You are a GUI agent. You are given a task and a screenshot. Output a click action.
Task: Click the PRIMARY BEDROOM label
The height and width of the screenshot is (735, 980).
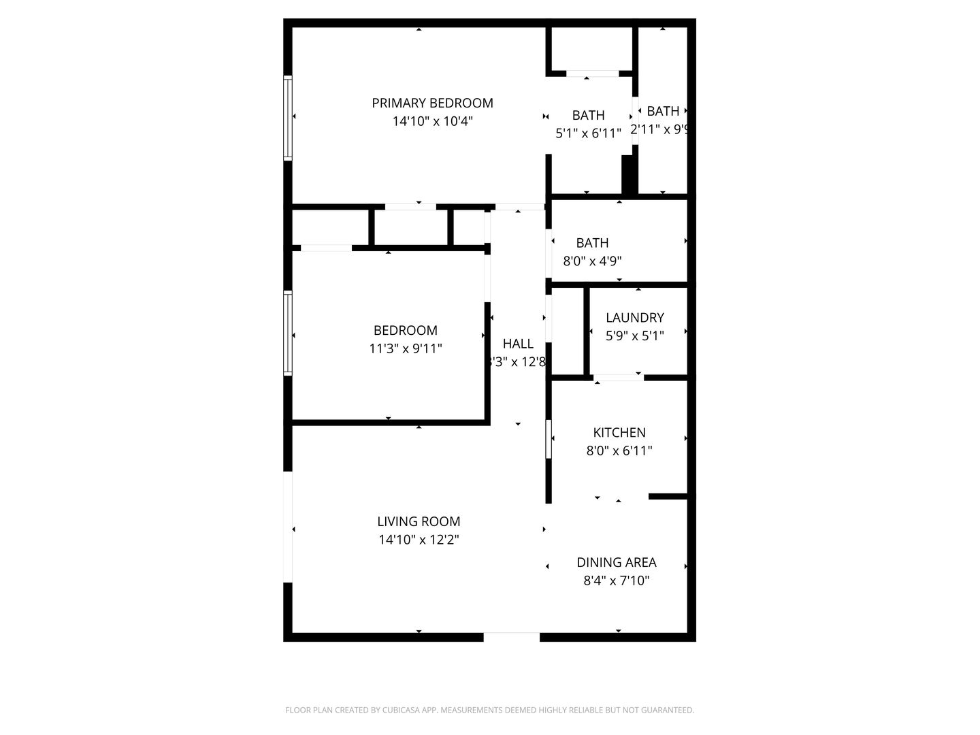(x=432, y=103)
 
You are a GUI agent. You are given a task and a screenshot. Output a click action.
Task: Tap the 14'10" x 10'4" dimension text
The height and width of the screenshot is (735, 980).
(x=432, y=122)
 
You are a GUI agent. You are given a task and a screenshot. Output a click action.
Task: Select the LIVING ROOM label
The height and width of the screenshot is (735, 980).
(x=419, y=522)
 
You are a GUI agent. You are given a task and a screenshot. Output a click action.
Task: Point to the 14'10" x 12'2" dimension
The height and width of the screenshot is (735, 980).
(x=419, y=540)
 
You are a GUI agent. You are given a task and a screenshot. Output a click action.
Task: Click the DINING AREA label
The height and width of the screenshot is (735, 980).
(x=617, y=563)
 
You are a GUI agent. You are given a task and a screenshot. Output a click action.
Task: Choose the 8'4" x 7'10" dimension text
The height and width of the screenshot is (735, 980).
(x=617, y=581)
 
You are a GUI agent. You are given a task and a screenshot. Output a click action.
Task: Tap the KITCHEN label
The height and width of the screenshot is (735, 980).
(x=619, y=433)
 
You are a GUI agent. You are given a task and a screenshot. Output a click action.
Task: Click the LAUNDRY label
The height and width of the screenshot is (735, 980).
(x=635, y=318)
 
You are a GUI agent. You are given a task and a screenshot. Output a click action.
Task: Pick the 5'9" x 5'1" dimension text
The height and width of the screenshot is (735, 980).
(x=635, y=336)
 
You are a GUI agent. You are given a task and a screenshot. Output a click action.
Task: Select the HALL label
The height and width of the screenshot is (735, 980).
(x=518, y=344)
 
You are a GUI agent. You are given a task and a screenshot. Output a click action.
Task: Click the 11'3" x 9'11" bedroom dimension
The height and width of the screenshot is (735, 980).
(x=406, y=349)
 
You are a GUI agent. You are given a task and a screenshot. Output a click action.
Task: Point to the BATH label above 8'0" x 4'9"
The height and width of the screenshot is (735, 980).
(x=592, y=243)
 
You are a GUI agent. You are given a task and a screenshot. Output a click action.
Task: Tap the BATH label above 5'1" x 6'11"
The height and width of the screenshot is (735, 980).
(x=588, y=116)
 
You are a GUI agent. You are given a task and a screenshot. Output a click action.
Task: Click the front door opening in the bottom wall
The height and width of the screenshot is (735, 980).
(x=512, y=637)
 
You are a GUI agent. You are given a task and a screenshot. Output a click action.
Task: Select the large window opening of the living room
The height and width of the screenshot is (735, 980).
(x=288, y=527)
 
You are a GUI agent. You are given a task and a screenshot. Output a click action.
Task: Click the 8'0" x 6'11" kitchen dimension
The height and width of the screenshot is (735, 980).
(x=619, y=451)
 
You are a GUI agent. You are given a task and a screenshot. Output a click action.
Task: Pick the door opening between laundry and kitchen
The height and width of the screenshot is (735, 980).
(x=618, y=377)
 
